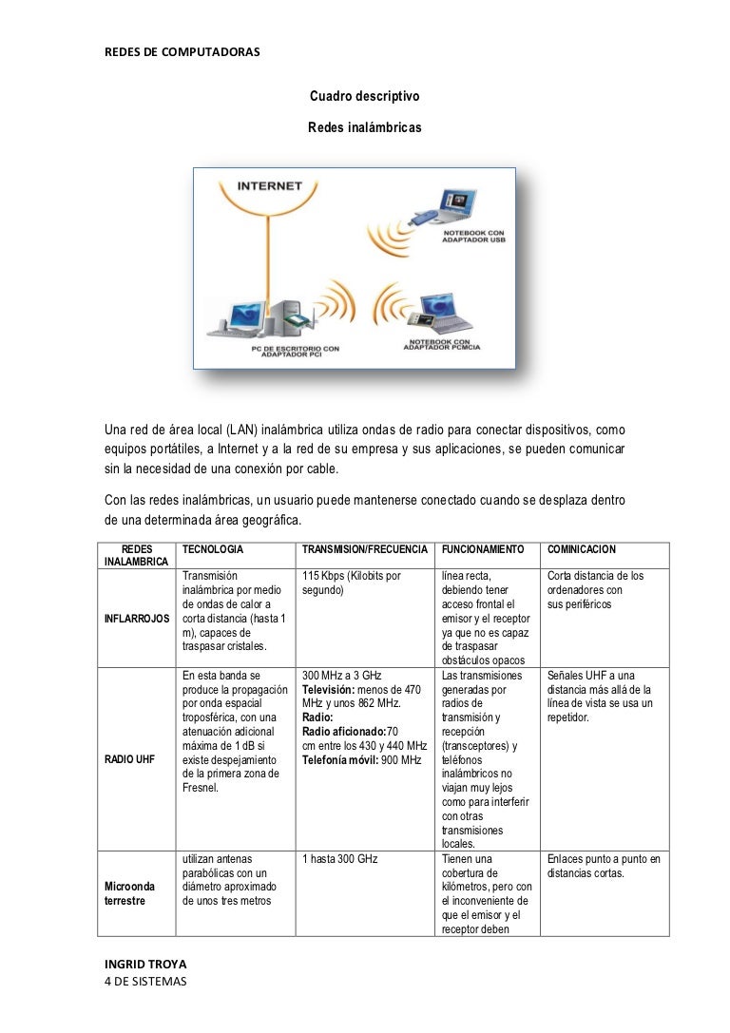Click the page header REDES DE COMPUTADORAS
point(181,49)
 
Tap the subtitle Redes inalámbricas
point(364,126)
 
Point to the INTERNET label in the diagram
point(269,186)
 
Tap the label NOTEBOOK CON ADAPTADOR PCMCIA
point(442,344)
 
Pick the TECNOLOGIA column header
point(213,550)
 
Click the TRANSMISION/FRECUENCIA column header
point(365,550)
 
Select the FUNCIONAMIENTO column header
point(483,550)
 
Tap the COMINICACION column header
point(582,550)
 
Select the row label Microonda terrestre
point(125,893)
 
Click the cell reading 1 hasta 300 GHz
point(340,859)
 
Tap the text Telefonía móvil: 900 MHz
point(361,760)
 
